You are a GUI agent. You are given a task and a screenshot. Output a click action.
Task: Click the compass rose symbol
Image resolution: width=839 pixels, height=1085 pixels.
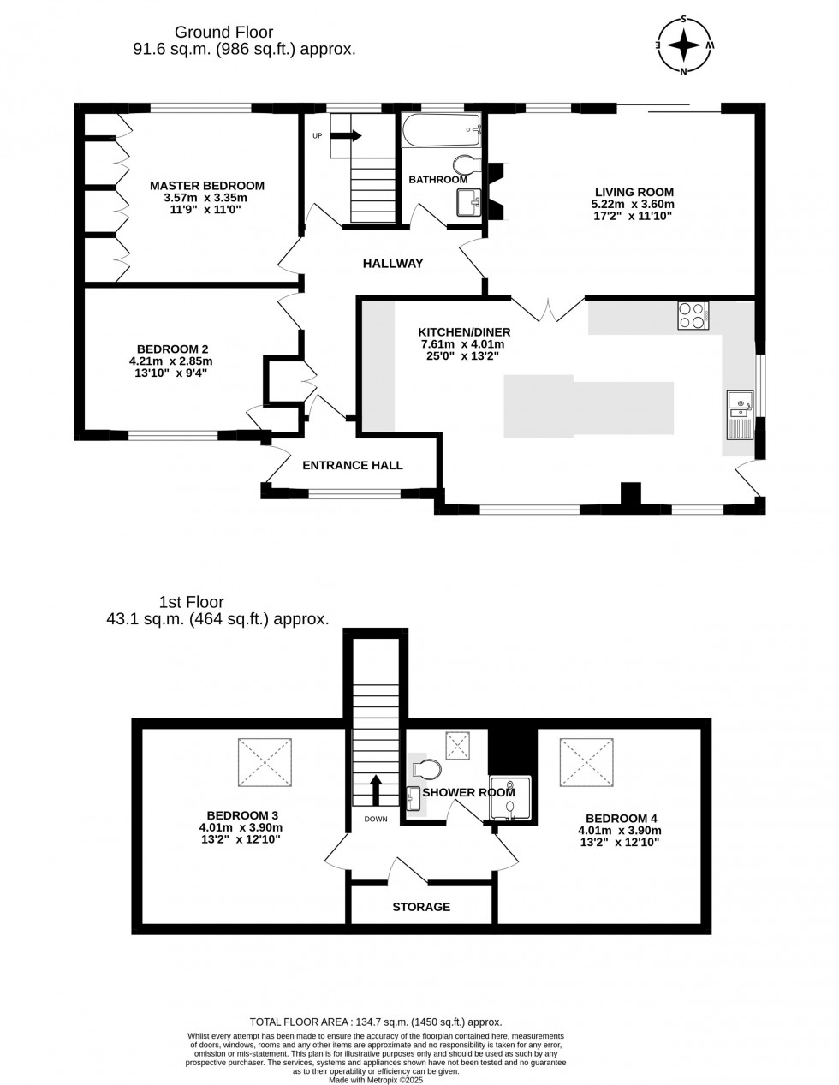click(x=684, y=45)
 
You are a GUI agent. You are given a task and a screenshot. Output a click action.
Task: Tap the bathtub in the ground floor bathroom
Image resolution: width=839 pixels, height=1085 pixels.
click(x=441, y=130)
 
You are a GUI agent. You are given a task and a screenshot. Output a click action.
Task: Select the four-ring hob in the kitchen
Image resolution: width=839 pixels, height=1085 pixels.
click(x=693, y=315)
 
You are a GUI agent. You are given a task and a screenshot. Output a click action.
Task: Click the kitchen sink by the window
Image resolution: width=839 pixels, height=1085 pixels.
click(x=740, y=414)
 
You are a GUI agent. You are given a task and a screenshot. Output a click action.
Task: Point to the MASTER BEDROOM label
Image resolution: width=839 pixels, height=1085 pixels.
click(x=207, y=186)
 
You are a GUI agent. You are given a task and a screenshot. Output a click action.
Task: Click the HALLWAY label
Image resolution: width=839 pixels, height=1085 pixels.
click(x=393, y=263)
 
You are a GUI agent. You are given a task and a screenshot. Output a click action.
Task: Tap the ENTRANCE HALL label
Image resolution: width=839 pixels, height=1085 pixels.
click(x=353, y=465)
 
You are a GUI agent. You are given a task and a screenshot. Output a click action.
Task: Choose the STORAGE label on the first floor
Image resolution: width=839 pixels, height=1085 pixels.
click(x=421, y=907)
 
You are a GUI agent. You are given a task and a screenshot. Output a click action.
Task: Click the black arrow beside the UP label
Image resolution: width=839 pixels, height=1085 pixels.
click(x=346, y=135)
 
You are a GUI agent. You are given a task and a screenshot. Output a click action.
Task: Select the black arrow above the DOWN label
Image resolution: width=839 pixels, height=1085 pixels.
click(x=376, y=790)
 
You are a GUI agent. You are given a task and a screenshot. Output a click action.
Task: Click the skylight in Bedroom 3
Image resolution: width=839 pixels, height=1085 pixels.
click(x=265, y=762)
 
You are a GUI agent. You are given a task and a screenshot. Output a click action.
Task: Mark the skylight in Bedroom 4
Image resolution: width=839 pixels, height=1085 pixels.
click(x=586, y=762)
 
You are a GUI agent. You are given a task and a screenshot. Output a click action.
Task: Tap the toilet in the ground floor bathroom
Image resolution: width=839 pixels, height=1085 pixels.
click(x=467, y=164)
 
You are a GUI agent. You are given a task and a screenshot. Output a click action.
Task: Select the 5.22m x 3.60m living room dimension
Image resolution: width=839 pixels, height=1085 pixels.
click(x=633, y=204)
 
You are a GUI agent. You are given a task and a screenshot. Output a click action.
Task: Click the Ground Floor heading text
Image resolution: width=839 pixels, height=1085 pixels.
click(x=223, y=32)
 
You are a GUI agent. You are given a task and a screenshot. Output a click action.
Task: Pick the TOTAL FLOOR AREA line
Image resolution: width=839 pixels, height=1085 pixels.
click(x=376, y=1022)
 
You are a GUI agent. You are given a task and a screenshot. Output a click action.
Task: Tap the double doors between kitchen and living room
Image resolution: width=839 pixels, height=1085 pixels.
click(x=548, y=310)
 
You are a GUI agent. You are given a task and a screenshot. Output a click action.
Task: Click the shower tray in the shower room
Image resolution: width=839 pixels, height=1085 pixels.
click(x=509, y=798)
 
